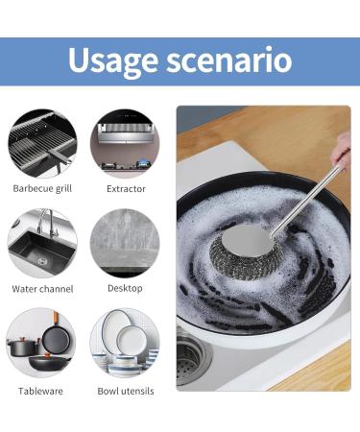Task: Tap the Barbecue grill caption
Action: (x=42, y=188)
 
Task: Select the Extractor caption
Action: (x=126, y=188)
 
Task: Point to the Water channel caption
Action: (x=42, y=288)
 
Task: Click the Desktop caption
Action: (x=126, y=288)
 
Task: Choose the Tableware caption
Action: (x=42, y=391)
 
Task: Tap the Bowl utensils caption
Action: (x=126, y=391)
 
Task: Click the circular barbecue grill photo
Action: (x=42, y=142)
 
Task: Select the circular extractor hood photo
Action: (x=125, y=142)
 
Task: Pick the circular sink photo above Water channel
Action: (x=42, y=243)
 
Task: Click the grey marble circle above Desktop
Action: (x=125, y=243)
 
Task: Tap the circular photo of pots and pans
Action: (x=42, y=344)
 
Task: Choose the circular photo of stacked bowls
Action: (x=125, y=344)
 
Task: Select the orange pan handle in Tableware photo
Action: (x=57, y=324)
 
